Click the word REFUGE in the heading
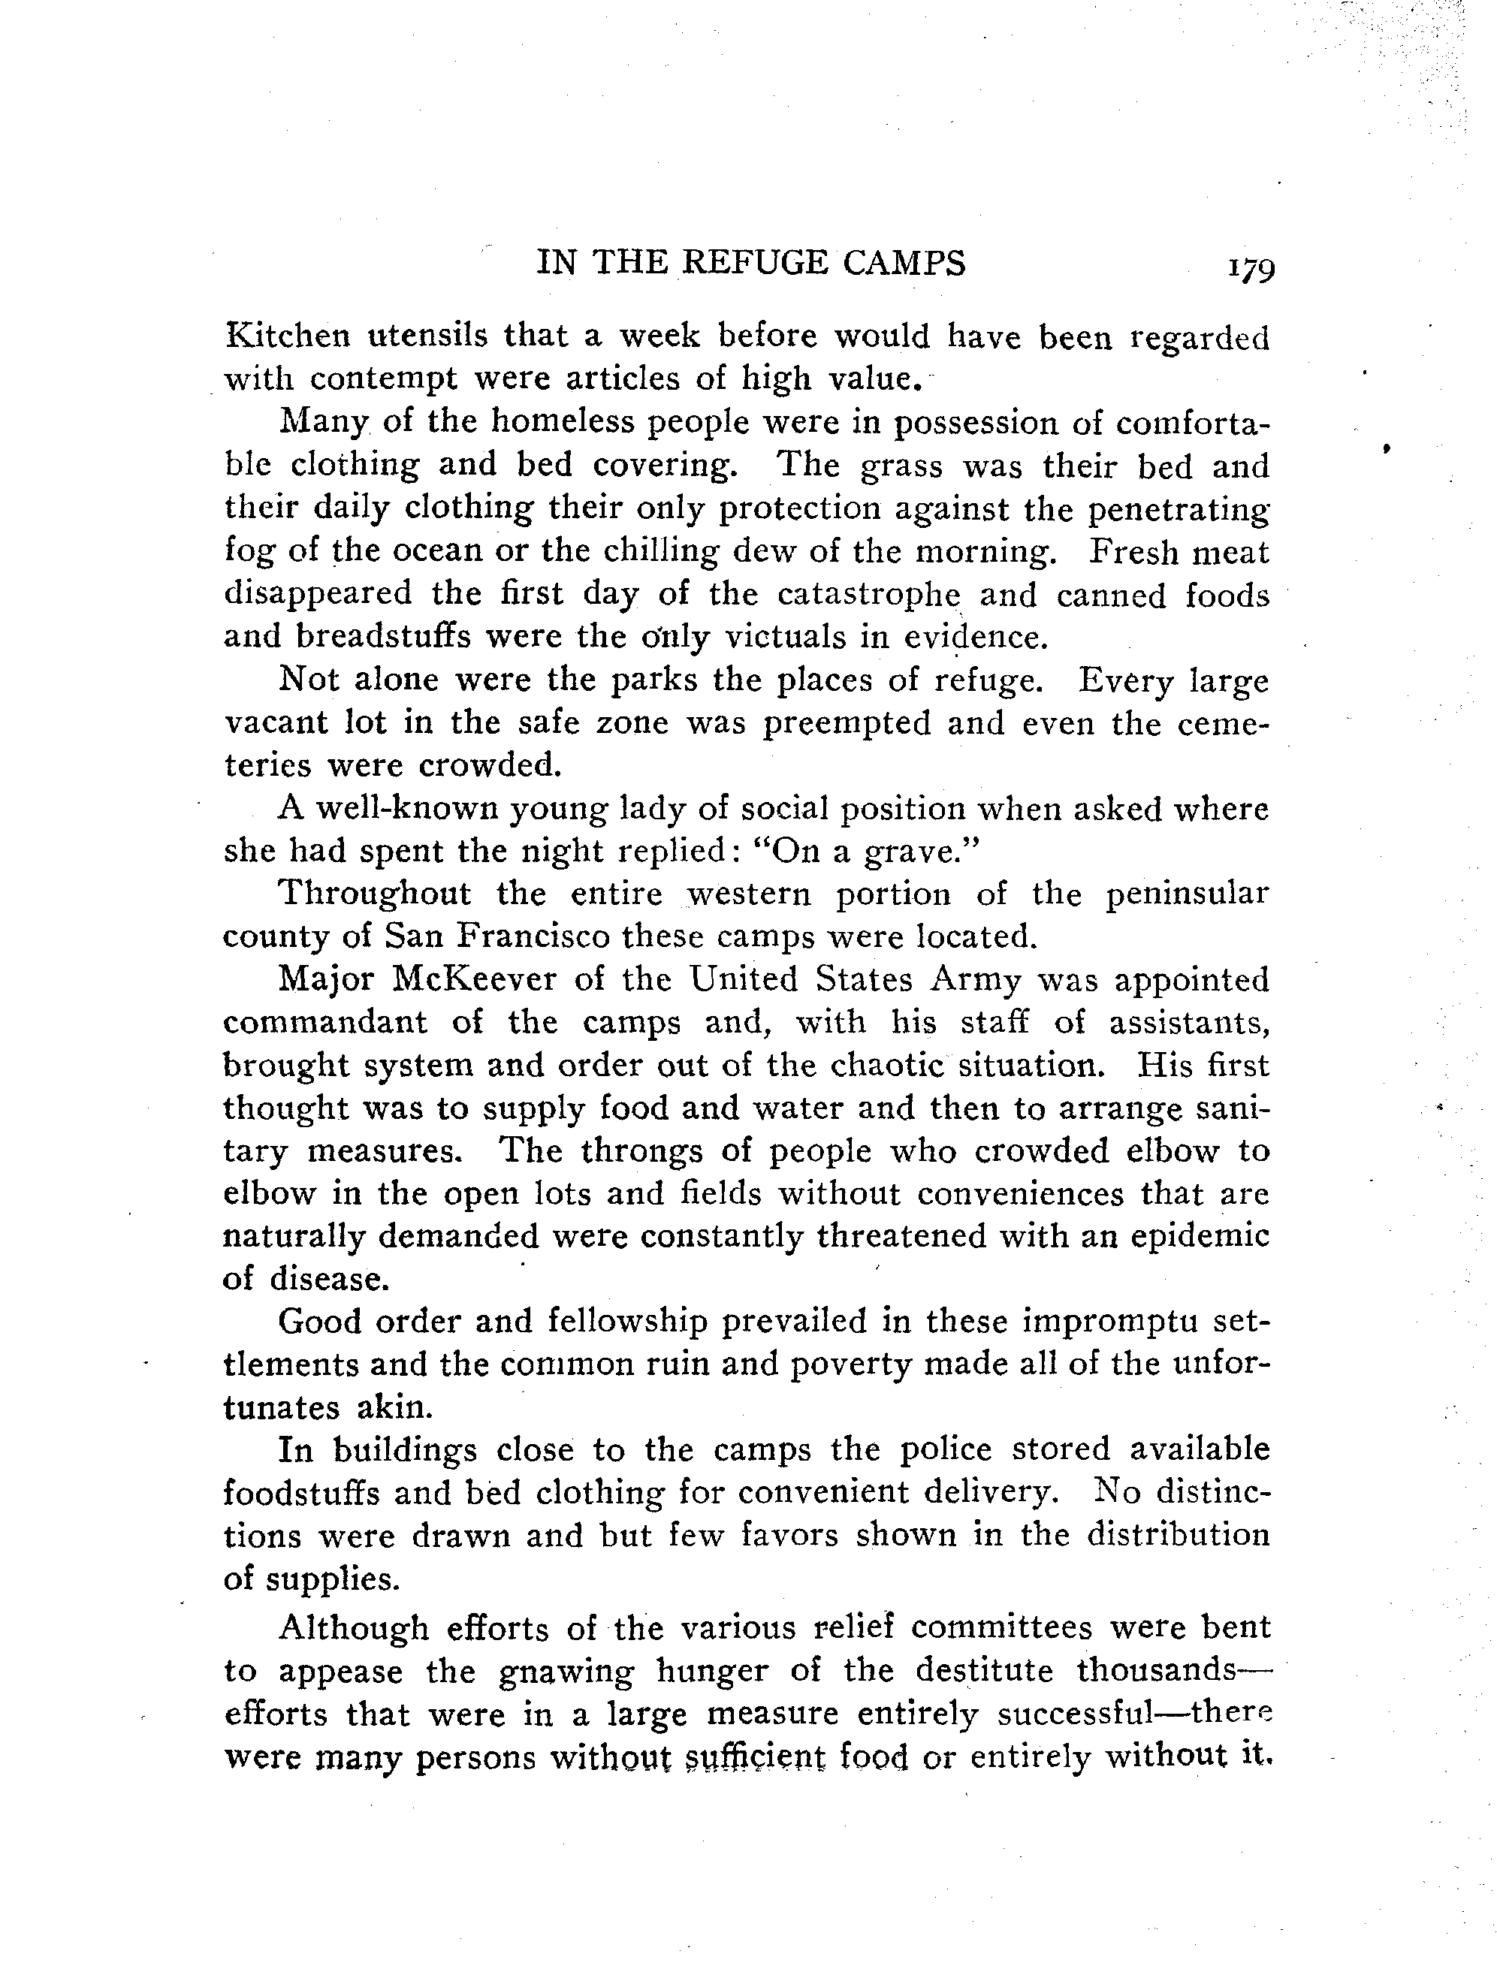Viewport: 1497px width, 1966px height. tap(756, 263)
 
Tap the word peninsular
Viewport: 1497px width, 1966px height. tap(1187, 894)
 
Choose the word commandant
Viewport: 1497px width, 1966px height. tap(325, 1022)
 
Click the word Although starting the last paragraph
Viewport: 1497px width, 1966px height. tap(354, 1627)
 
